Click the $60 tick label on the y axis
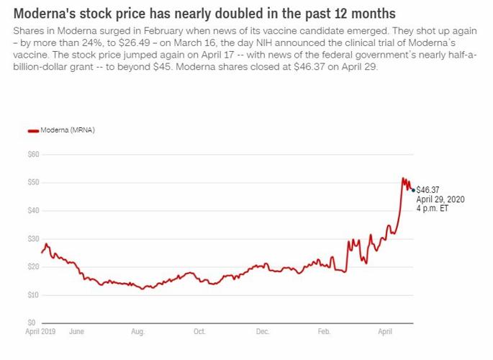coord(32,154)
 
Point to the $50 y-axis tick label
coord(32,182)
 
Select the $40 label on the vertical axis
coord(32,210)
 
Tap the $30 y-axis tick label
coord(32,238)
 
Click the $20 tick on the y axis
coord(32,266)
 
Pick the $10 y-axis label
coord(32,295)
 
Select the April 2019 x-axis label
coord(42,332)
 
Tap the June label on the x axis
coord(76,332)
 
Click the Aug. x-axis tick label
coord(137,332)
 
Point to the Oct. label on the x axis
coord(199,332)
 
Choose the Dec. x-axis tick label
coord(262,332)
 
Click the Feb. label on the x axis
coord(324,332)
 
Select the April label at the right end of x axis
coord(385,332)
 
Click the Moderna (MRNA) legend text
coord(68,130)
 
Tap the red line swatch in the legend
coord(32,130)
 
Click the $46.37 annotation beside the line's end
coord(428,190)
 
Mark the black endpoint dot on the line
coord(413,190)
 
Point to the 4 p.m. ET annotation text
coord(432,208)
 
